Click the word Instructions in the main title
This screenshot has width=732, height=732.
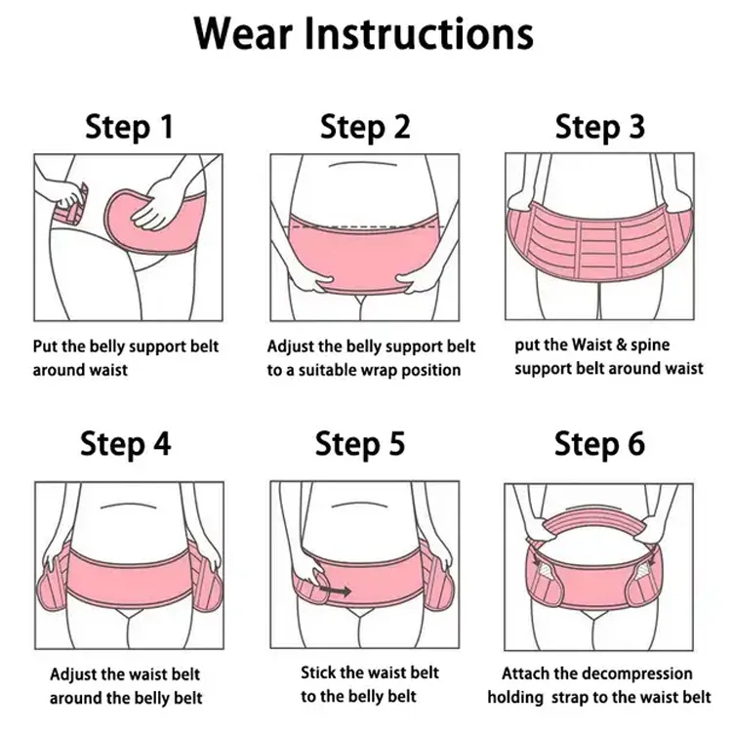click(419, 33)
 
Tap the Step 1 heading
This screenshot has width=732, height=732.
click(129, 127)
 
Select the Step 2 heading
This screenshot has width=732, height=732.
click(365, 127)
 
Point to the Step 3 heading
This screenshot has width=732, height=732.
click(600, 127)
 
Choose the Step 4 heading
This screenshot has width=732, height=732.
click(126, 443)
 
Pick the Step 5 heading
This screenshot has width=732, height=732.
click(360, 443)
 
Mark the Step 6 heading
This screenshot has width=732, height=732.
click(600, 443)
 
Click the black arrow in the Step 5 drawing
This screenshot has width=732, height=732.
click(335, 591)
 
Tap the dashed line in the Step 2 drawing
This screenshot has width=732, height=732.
click(366, 226)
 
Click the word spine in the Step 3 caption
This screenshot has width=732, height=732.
click(650, 346)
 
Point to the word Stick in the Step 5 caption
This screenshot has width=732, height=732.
click(318, 672)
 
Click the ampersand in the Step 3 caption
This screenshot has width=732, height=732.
click(621, 346)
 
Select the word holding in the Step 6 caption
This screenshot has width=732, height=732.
click(515, 698)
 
